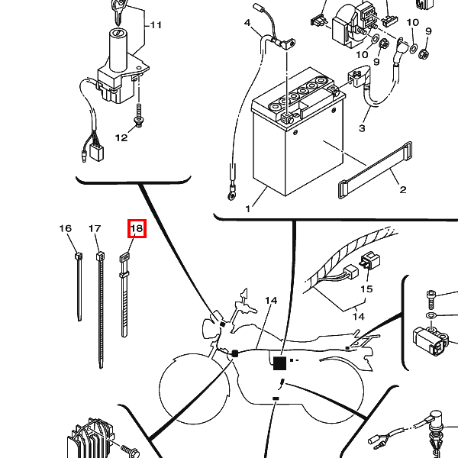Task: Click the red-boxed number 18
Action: coord(136,228)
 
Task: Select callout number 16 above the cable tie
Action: coord(66,228)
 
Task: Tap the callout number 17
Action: coord(95,228)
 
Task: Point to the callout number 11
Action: coord(156,25)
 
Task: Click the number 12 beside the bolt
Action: coord(121,138)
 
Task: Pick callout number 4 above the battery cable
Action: coord(247,24)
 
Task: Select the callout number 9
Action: coord(428,31)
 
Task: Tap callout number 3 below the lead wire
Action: coord(362,127)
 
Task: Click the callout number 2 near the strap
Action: coord(402,189)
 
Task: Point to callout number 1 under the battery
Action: coord(247,208)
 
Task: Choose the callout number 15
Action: coord(366,289)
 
